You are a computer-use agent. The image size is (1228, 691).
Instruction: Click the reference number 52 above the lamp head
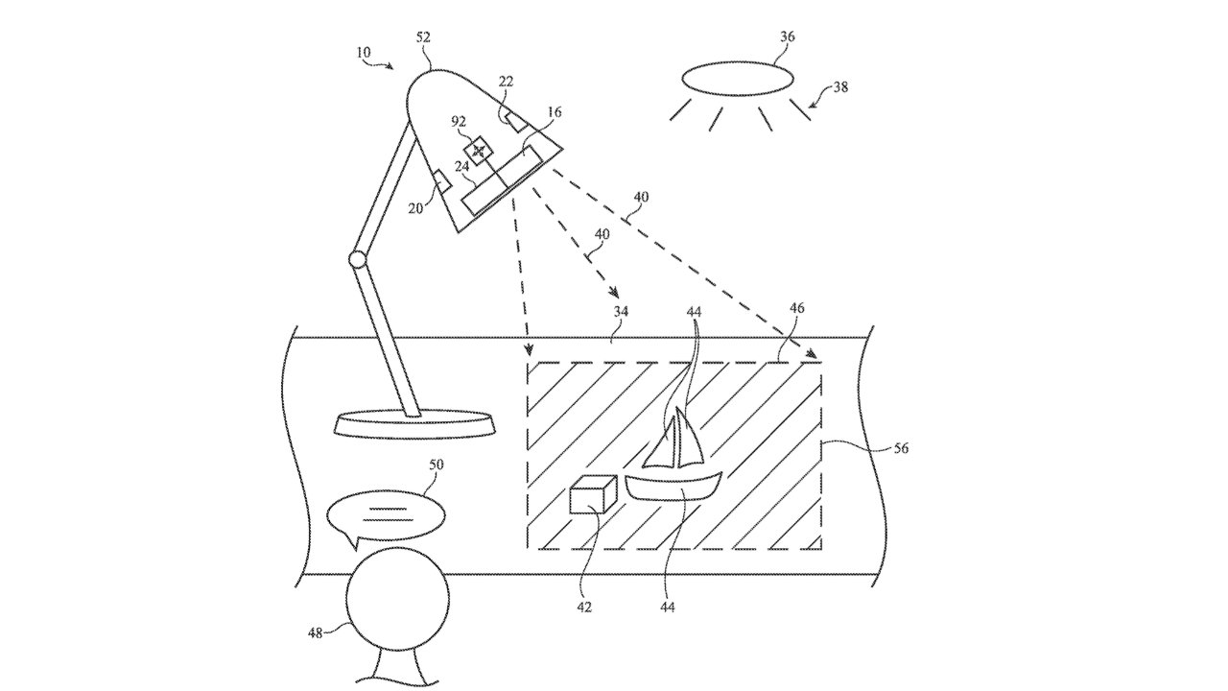423,37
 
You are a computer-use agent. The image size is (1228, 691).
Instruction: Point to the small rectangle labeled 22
512,122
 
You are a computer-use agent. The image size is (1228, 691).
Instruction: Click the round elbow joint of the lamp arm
358,259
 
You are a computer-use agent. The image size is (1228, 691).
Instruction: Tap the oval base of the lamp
414,422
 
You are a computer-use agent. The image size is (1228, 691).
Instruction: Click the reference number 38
838,86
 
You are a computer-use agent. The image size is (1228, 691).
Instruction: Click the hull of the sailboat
673,486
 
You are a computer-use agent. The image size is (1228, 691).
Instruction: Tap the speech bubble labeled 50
386,515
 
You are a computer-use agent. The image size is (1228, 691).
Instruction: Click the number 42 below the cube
584,607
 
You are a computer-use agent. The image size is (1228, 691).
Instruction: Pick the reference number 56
901,447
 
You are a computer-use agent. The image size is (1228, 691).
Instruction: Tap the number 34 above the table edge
622,311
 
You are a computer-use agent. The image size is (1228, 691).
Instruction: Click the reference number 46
796,309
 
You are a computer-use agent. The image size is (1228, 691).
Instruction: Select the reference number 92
459,121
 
